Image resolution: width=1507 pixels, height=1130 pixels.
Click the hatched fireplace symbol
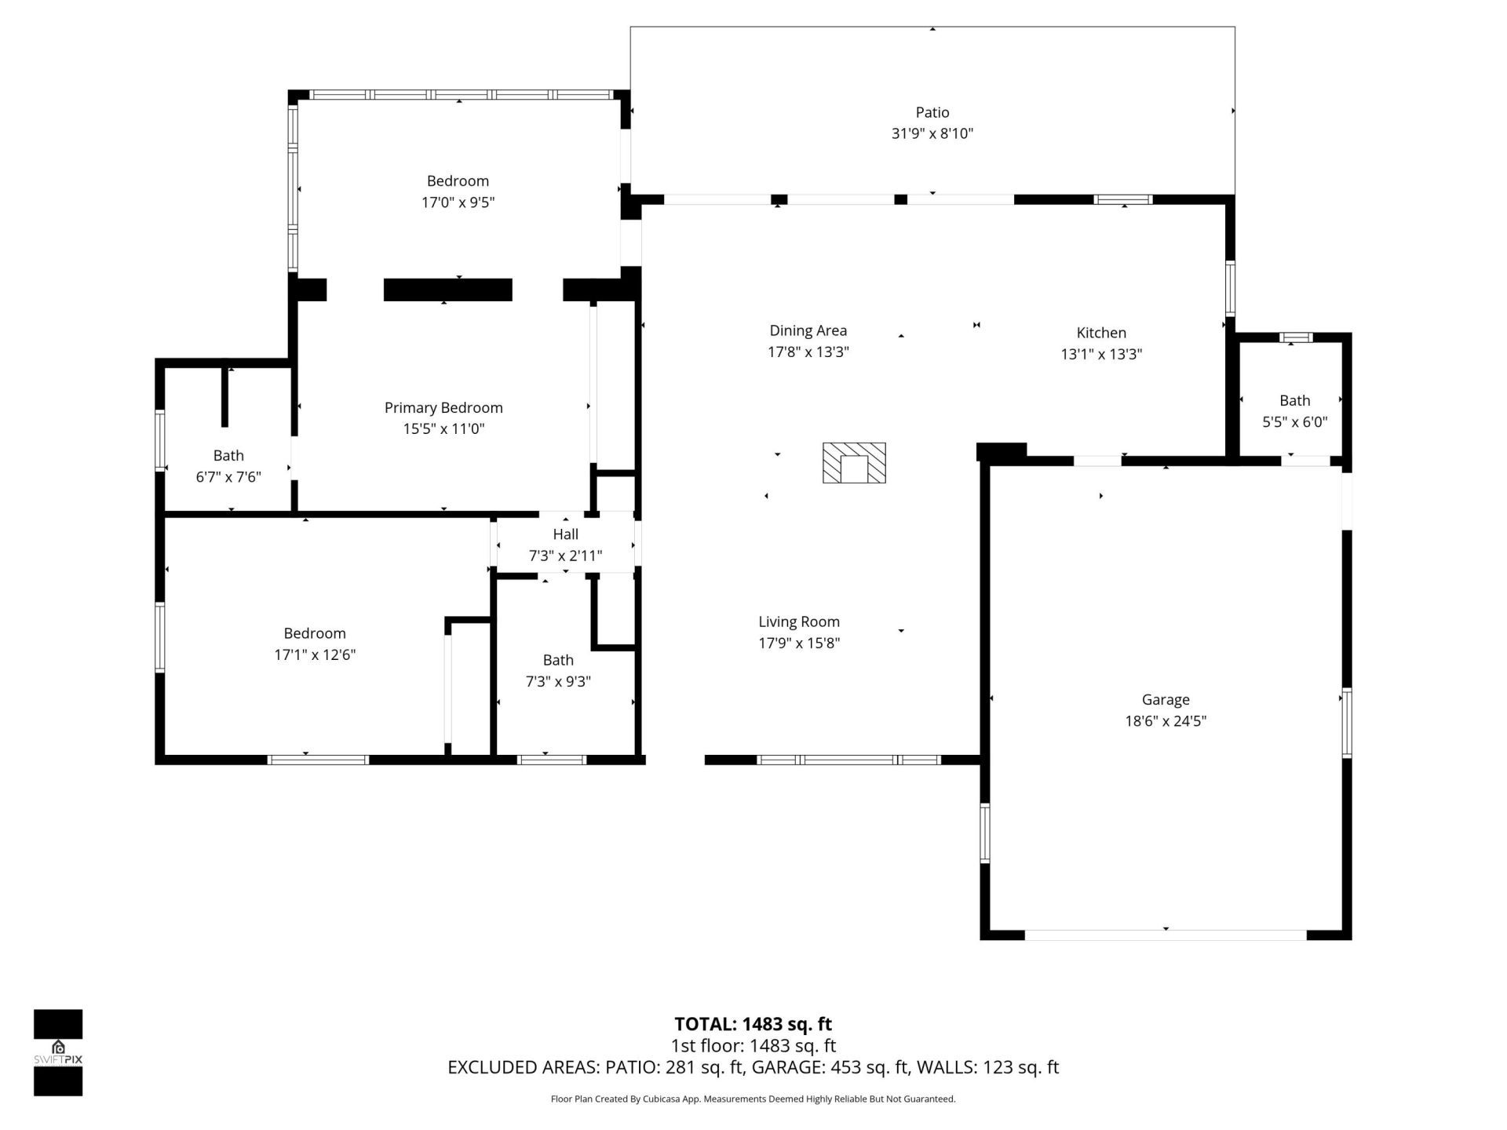coord(854,463)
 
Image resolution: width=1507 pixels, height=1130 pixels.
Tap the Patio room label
coord(932,112)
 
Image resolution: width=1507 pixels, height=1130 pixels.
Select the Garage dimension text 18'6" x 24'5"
coord(1165,721)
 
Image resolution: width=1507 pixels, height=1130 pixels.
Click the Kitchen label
coord(1100,333)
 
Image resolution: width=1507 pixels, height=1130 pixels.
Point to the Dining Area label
coord(808,330)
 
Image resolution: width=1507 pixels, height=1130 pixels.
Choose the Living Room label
coord(798,621)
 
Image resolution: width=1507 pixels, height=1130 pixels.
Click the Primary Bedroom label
coord(443,407)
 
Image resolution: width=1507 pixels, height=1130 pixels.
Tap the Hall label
coord(565,534)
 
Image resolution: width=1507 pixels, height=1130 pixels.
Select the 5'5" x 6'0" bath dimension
coord(1294,422)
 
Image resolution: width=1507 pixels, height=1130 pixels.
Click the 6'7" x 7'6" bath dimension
coord(228,477)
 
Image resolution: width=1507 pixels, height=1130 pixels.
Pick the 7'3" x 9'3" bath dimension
coord(557,682)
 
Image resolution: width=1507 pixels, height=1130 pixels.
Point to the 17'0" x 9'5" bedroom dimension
coord(458,202)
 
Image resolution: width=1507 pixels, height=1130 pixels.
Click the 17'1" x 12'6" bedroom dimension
coord(314,655)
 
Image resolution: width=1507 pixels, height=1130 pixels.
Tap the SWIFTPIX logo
coord(58,1052)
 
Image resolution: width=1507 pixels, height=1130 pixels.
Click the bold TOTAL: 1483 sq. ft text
coord(753,1024)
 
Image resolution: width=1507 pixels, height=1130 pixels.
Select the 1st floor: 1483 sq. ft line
coord(753,1046)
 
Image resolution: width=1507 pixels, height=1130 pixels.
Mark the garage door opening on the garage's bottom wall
coord(1165,935)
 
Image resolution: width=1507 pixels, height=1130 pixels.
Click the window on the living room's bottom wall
coord(848,760)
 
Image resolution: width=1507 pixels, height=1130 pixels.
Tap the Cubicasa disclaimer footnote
coord(753,1099)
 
